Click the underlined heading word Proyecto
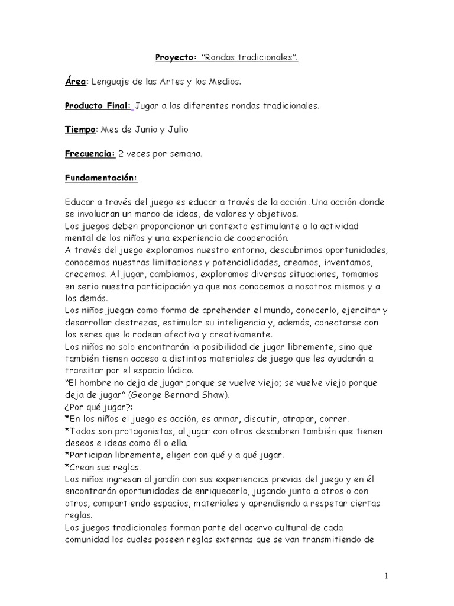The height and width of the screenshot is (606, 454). [x=175, y=57]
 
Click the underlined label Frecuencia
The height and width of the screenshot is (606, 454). [x=89, y=154]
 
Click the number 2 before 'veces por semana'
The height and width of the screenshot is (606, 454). [x=121, y=154]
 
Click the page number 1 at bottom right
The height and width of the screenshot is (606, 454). [x=385, y=575]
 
